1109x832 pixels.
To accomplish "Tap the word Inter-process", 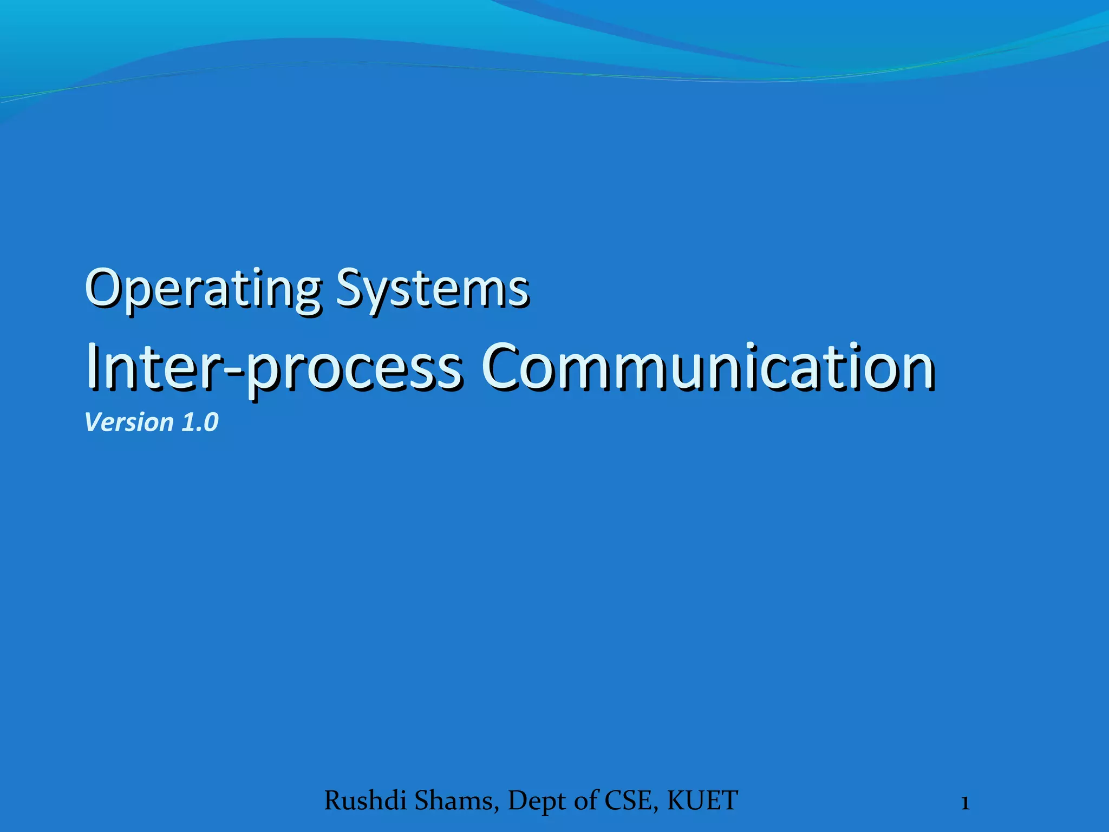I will tap(273, 368).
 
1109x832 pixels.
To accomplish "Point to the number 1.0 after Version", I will tap(199, 422).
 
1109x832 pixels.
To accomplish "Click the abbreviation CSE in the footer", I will tap(630, 801).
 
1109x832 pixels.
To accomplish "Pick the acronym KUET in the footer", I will tap(702, 801).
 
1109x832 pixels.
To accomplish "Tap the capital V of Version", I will tap(93, 422).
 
